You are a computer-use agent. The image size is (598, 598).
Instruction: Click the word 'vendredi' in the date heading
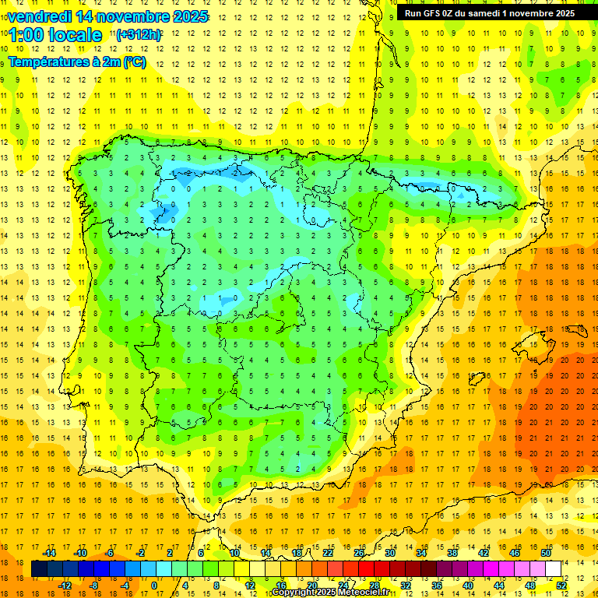[39, 16]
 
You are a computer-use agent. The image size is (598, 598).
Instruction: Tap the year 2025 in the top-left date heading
[190, 16]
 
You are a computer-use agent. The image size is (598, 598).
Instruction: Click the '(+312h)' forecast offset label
[138, 35]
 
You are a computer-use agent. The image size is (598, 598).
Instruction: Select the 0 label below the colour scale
[154, 586]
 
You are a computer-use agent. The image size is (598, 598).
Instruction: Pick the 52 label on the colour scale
[561, 586]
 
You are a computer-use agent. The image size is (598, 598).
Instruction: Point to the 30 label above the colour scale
[389, 553]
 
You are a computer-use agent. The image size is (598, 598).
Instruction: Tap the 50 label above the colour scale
[545, 553]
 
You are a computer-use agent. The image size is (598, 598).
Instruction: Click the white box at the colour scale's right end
[553, 569]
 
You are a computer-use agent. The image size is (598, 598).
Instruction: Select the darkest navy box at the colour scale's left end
[39, 569]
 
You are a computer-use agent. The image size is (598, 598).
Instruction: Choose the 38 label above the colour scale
[452, 553]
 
